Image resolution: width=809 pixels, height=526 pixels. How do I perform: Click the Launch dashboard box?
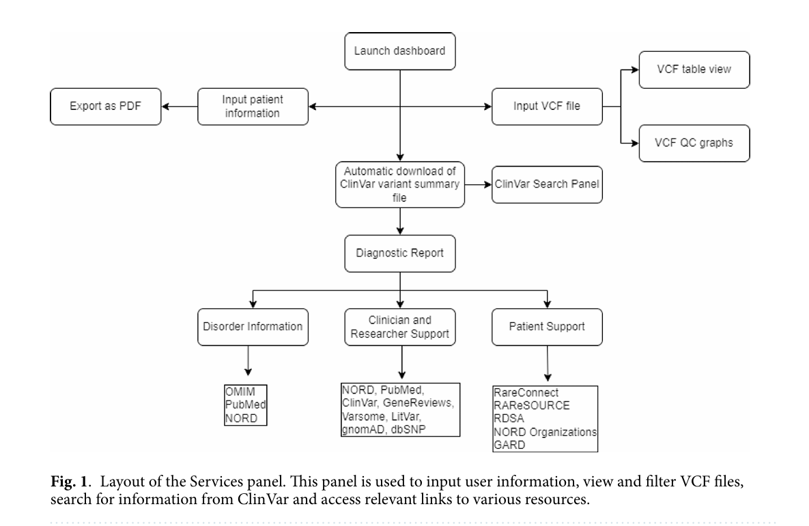tap(400, 51)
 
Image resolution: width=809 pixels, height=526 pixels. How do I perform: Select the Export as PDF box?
tap(106, 106)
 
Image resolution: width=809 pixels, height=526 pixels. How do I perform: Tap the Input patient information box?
tap(253, 106)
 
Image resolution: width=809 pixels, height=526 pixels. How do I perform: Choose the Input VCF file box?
tap(547, 106)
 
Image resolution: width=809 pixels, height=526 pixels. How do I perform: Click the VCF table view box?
tap(694, 70)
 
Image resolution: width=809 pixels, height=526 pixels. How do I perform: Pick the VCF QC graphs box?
tap(694, 143)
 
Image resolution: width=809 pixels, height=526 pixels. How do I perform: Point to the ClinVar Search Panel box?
tap(547, 184)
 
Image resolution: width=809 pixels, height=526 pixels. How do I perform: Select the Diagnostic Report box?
tap(400, 253)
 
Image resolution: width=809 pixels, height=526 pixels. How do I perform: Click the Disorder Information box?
tap(253, 327)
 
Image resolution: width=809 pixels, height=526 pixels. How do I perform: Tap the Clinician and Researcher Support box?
tap(400, 327)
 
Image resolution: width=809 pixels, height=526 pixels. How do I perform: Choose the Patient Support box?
tap(547, 327)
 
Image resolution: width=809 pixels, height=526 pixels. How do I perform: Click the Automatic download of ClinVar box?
tap(400, 185)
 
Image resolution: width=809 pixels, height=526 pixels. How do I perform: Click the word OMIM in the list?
tap(240, 392)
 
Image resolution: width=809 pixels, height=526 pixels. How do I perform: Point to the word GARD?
tap(509, 445)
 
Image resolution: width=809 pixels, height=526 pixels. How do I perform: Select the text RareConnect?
tap(526, 392)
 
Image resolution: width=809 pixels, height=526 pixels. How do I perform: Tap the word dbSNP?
tap(408, 429)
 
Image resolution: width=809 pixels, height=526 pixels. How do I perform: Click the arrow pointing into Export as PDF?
tap(180, 106)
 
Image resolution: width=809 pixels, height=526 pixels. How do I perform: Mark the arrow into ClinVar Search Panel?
tap(479, 184)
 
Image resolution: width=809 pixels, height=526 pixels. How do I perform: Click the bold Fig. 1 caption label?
tap(69, 482)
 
